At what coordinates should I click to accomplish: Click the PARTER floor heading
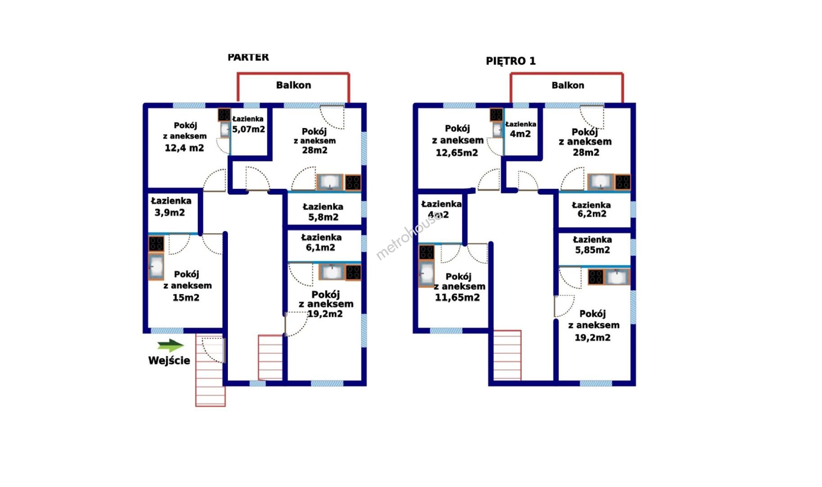tap(248, 57)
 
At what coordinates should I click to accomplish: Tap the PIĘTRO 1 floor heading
tap(511, 61)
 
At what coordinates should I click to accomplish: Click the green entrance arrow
tap(171, 346)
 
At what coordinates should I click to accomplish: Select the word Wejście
tap(169, 360)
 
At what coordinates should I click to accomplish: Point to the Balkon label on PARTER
tap(293, 85)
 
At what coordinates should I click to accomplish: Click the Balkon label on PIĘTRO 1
tap(568, 85)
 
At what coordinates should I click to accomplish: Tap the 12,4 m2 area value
tap(184, 148)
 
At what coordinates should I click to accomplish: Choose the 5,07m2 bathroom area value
tap(249, 129)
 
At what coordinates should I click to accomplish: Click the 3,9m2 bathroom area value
tap(170, 212)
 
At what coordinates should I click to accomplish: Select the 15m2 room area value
tap(186, 298)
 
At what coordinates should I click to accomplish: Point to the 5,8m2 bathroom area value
tap(323, 217)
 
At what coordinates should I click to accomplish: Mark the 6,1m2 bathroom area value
tap(320, 248)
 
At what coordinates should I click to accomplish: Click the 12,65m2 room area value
tap(457, 153)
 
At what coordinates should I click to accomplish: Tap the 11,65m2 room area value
tap(457, 298)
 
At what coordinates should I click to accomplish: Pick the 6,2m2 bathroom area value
tap(592, 214)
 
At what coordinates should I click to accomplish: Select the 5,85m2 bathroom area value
tap(592, 250)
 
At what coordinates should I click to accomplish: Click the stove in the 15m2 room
tap(156, 244)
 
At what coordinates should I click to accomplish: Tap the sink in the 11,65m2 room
tap(426, 274)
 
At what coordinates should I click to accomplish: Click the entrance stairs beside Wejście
tap(210, 370)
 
